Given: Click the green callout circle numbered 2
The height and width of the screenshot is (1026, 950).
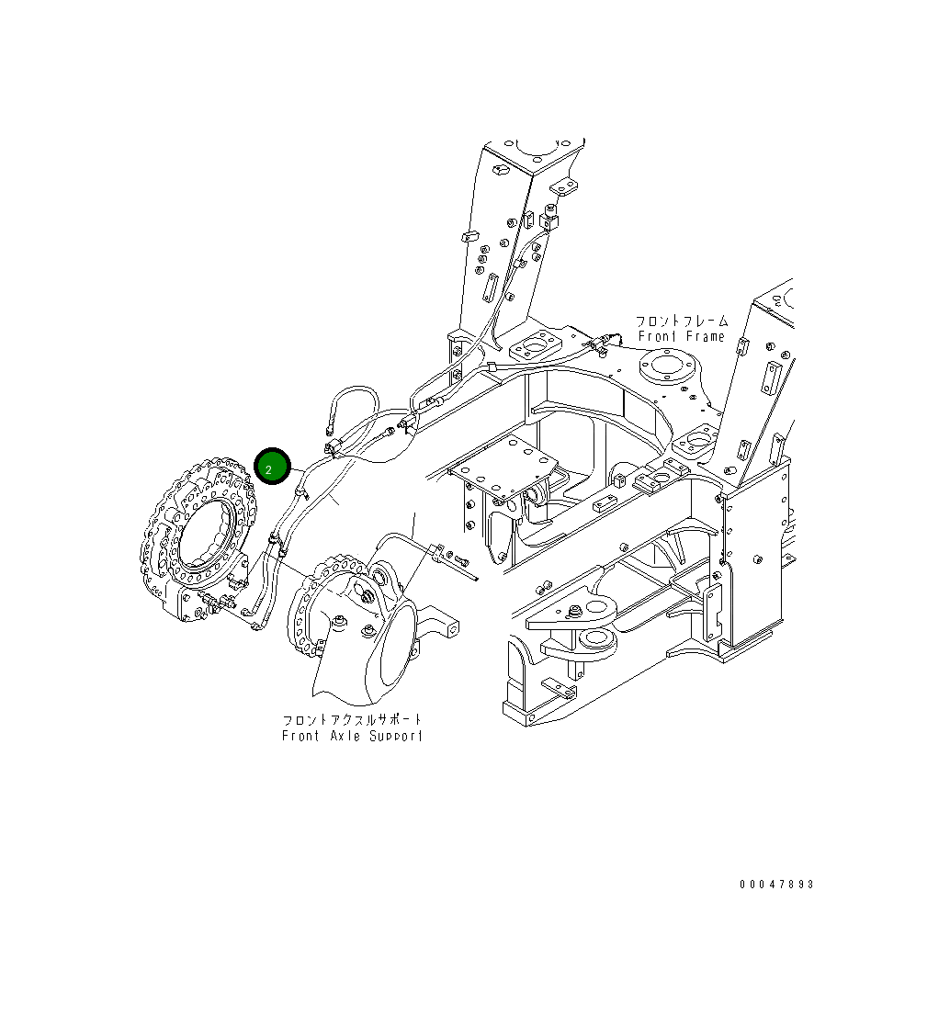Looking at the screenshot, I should tap(272, 468).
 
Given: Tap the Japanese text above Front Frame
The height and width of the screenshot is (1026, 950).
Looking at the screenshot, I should tap(682, 321).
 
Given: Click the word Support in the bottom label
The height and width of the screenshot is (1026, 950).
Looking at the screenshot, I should tap(397, 736).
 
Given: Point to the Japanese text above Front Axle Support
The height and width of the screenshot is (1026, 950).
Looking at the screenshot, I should tap(353, 720).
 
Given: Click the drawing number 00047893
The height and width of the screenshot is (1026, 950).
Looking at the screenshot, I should tap(776, 885).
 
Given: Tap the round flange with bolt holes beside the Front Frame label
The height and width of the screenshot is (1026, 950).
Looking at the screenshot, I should tap(668, 367).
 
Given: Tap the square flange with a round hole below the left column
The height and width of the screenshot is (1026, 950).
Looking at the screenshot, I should tap(535, 348).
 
